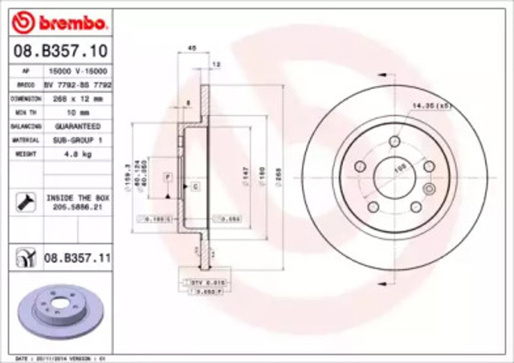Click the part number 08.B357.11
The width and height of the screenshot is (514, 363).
[x=77, y=258]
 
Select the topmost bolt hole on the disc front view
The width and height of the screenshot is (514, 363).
[x=394, y=142]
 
